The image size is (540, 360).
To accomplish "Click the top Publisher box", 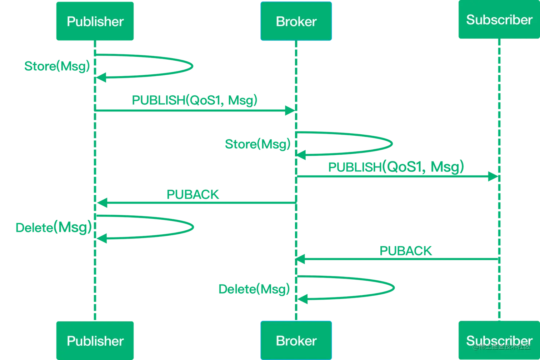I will coord(95,21).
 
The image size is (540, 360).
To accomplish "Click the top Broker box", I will coord(296,21).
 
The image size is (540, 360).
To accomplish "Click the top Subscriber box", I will coord(499,20).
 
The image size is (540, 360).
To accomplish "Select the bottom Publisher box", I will coord(95,340).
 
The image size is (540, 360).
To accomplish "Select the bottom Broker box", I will coord(296,340).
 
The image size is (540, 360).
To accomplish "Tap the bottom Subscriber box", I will coord(499,340).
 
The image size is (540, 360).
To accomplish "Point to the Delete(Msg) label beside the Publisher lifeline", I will coord(54,227).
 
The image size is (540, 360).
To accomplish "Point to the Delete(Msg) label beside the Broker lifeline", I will coord(254,289).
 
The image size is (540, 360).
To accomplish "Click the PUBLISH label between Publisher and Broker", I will coord(194,100).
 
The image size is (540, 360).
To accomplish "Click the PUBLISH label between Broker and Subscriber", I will coord(396,167).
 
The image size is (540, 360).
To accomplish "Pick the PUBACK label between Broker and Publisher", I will coord(193,195).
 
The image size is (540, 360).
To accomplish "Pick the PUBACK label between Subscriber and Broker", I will coord(406,251).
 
